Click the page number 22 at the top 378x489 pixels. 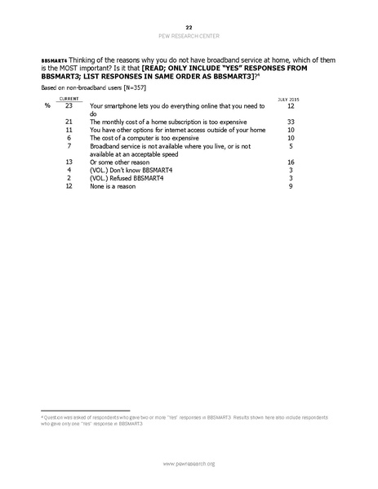[x=189, y=27]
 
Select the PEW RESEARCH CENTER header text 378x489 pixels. [x=189, y=35]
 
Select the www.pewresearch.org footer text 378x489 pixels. [x=189, y=464]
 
